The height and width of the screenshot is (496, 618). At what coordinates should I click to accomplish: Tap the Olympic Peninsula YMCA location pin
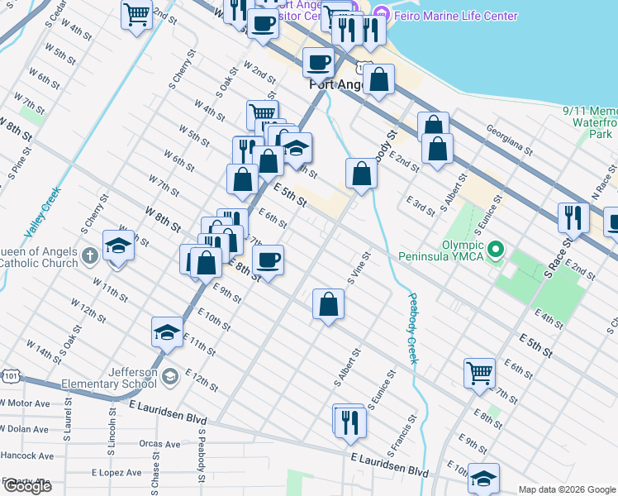point(495,249)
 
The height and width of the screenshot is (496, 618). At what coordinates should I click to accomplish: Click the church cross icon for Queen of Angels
point(90,253)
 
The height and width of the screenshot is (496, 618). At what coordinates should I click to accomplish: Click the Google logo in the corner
point(26,486)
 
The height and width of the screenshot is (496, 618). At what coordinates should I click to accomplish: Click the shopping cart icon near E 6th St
point(479,372)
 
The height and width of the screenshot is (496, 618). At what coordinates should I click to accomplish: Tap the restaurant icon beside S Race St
point(573,217)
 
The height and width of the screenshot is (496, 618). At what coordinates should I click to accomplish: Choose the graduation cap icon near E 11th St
point(167,332)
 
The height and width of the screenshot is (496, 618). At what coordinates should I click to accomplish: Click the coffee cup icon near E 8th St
point(267,261)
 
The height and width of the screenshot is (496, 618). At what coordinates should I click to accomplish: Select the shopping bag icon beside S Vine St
point(329,303)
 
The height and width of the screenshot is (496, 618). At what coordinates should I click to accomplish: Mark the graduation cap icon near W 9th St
point(119,245)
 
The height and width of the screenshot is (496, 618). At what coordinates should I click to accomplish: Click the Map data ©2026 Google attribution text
point(566,489)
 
